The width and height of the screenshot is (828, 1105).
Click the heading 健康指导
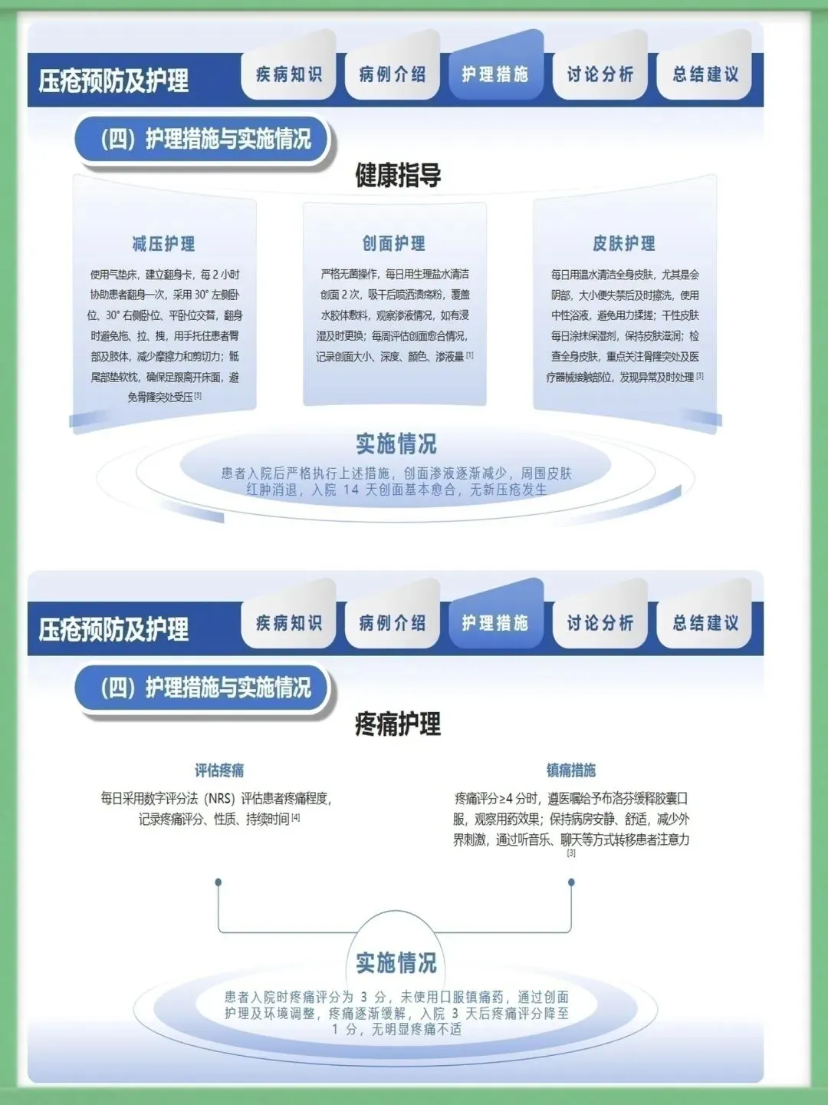click(398, 176)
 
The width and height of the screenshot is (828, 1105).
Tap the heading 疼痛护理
click(398, 724)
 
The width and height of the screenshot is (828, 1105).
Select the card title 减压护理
click(164, 244)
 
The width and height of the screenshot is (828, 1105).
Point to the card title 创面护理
click(394, 244)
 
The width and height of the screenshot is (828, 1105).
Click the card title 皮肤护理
click(624, 244)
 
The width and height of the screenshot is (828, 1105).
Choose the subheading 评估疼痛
click(219, 770)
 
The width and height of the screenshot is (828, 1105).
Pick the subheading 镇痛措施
click(571, 770)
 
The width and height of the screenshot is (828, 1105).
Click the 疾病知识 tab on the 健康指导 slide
click(289, 74)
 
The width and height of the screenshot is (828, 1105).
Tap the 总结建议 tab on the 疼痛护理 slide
click(705, 623)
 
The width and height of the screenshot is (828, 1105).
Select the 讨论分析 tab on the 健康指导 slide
click(600, 74)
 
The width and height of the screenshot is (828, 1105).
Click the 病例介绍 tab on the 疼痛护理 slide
click(393, 623)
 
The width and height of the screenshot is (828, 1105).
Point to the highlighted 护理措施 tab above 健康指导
click(495, 74)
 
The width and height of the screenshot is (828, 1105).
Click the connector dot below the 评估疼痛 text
click(219, 882)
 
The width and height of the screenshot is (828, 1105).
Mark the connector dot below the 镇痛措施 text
click(571, 882)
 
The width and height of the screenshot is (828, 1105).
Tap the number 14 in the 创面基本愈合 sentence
click(351, 490)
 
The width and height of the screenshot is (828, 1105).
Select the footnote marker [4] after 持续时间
click(296, 818)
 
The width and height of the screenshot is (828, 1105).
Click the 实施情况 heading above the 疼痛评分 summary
click(396, 962)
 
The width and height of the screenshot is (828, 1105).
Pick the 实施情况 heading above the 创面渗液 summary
click(396, 444)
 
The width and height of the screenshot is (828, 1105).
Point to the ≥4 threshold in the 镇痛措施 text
click(506, 799)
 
